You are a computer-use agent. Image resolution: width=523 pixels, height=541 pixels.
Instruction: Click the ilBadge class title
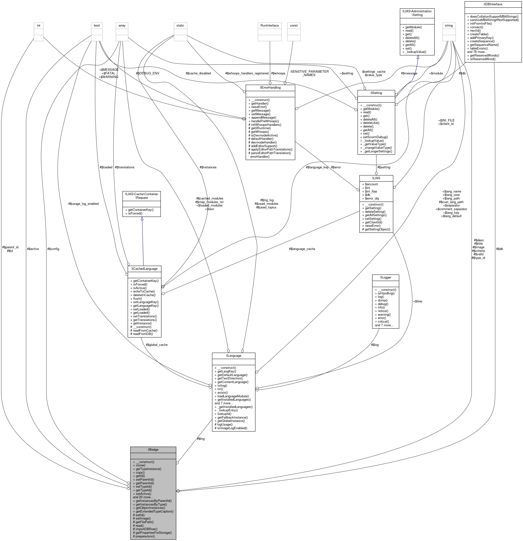click(153, 450)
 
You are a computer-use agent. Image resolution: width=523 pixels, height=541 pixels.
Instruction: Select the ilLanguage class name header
click(233, 356)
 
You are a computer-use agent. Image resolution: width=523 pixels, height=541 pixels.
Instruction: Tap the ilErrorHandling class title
click(270, 87)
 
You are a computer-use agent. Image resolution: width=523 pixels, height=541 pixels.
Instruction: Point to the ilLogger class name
click(386, 278)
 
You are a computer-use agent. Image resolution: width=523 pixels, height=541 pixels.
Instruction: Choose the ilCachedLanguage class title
click(144, 269)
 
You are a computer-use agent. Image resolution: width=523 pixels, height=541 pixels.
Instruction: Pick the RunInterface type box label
click(269, 25)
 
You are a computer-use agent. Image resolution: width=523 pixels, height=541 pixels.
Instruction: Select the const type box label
click(294, 25)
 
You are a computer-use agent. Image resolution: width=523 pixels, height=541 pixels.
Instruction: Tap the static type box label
click(180, 25)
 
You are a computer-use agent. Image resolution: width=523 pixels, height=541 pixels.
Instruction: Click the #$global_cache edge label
click(156, 345)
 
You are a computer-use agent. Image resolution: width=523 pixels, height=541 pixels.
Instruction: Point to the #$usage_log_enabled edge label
click(83, 204)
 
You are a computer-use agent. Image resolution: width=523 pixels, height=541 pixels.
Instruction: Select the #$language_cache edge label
click(302, 249)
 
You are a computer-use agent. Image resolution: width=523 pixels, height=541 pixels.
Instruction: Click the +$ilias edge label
click(417, 301)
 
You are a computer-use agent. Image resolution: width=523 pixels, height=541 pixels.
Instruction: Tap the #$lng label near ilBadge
click(201, 439)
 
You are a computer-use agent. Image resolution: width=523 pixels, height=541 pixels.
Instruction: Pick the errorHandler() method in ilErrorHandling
click(260, 157)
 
